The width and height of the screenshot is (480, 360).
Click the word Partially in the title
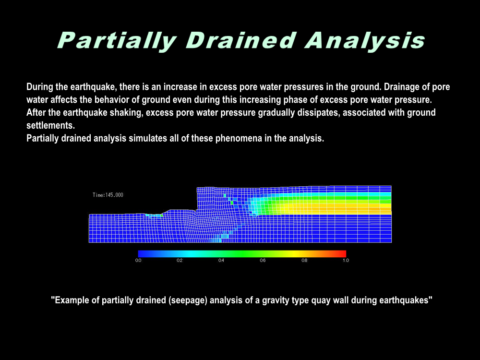(x=117, y=41)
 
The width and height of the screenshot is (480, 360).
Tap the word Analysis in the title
(x=365, y=41)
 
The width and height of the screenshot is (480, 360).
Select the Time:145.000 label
(x=108, y=195)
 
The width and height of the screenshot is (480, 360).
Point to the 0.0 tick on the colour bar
(x=138, y=261)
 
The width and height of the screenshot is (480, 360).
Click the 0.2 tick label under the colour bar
(x=180, y=261)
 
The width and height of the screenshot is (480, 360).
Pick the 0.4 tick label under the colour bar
(x=221, y=261)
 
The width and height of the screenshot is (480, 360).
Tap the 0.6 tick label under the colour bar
(x=263, y=261)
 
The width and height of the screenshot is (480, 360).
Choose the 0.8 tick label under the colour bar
(x=304, y=261)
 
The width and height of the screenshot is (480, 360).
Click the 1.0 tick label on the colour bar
(x=346, y=261)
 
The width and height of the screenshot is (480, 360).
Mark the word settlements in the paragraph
(x=50, y=125)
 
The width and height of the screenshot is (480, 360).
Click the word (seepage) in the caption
(x=188, y=300)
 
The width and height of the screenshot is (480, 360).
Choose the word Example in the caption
(x=73, y=300)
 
